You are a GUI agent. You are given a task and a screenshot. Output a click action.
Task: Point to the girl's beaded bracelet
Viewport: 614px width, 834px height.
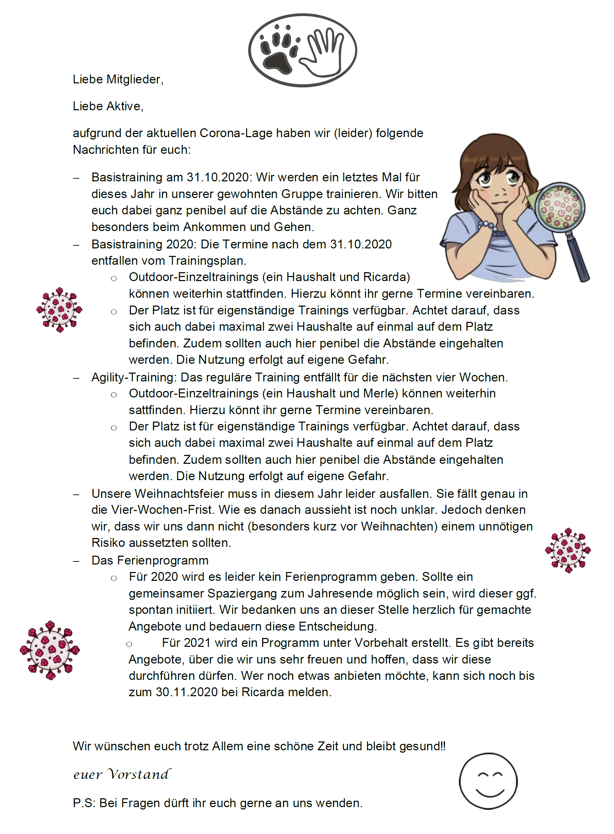click(x=488, y=225)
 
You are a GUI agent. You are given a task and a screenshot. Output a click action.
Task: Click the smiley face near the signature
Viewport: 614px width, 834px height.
click(x=488, y=781)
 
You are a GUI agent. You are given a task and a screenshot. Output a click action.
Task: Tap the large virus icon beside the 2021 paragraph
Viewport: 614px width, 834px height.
click(x=50, y=650)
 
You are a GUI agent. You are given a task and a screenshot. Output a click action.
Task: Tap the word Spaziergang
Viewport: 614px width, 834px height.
click(x=242, y=593)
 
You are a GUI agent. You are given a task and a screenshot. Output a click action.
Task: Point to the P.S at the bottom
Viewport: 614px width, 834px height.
click(x=84, y=803)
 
